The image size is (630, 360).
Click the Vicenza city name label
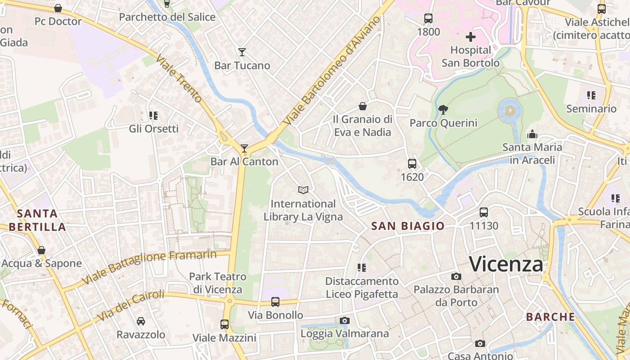tap(506, 264)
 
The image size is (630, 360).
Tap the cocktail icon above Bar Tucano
tap(242, 52)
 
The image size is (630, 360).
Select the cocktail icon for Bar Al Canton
tap(244, 148)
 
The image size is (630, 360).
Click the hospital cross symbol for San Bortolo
tap(471, 37)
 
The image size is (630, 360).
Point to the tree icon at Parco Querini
tap(443, 109)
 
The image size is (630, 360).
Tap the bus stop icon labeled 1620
tap(412, 164)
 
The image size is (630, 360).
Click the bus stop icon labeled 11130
tap(484, 212)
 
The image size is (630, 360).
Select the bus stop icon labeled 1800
tap(428, 18)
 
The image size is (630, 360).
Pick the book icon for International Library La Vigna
tap(303, 190)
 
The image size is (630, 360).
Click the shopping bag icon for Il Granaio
tap(362, 106)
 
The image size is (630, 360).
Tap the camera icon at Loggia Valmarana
tap(345, 320)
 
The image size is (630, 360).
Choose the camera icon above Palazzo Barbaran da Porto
tap(456, 276)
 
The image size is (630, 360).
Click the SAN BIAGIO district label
tap(408, 226)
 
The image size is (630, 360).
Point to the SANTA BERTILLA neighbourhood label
tap(37, 220)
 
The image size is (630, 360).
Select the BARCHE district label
tap(550, 317)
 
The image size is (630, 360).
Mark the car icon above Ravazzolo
tap(141, 321)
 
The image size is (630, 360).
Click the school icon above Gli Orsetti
tap(153, 116)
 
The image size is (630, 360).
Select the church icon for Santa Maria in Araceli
tap(532, 134)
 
